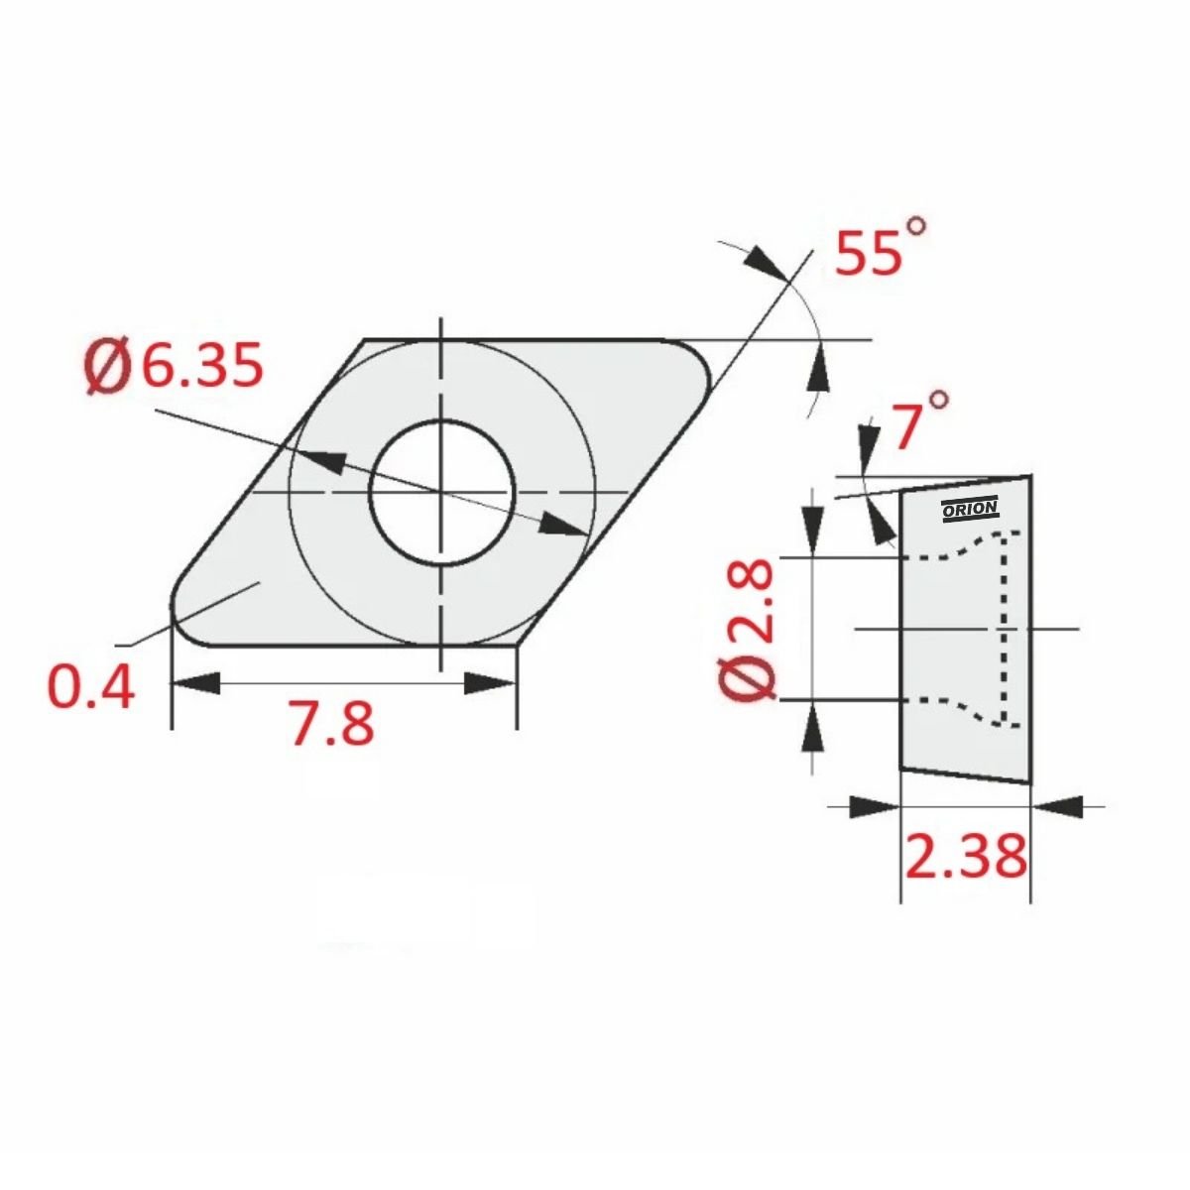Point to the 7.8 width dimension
tap(332, 723)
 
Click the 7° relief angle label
tap(920, 420)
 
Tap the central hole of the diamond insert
tap(441, 492)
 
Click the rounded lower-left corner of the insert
tap(185, 624)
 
